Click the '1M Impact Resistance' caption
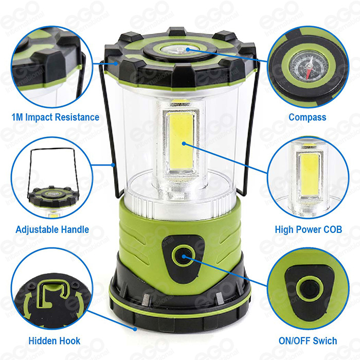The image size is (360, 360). click(x=56, y=117)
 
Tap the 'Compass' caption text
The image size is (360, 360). click(x=308, y=117)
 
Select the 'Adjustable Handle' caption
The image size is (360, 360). click(x=52, y=229)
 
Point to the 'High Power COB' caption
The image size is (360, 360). click(x=309, y=229)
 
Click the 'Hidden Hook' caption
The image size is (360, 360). click(x=55, y=340)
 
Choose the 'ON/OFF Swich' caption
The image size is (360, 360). click(x=308, y=340)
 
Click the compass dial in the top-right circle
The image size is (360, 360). click(x=309, y=67)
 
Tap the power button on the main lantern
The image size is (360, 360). click(x=184, y=256)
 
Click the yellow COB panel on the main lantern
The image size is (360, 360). click(x=181, y=141)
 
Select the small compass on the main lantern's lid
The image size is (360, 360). click(x=178, y=50)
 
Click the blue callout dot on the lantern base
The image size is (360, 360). click(x=135, y=329)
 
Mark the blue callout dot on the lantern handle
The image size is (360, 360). click(x=113, y=165)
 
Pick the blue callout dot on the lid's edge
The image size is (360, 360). click(x=117, y=63)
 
